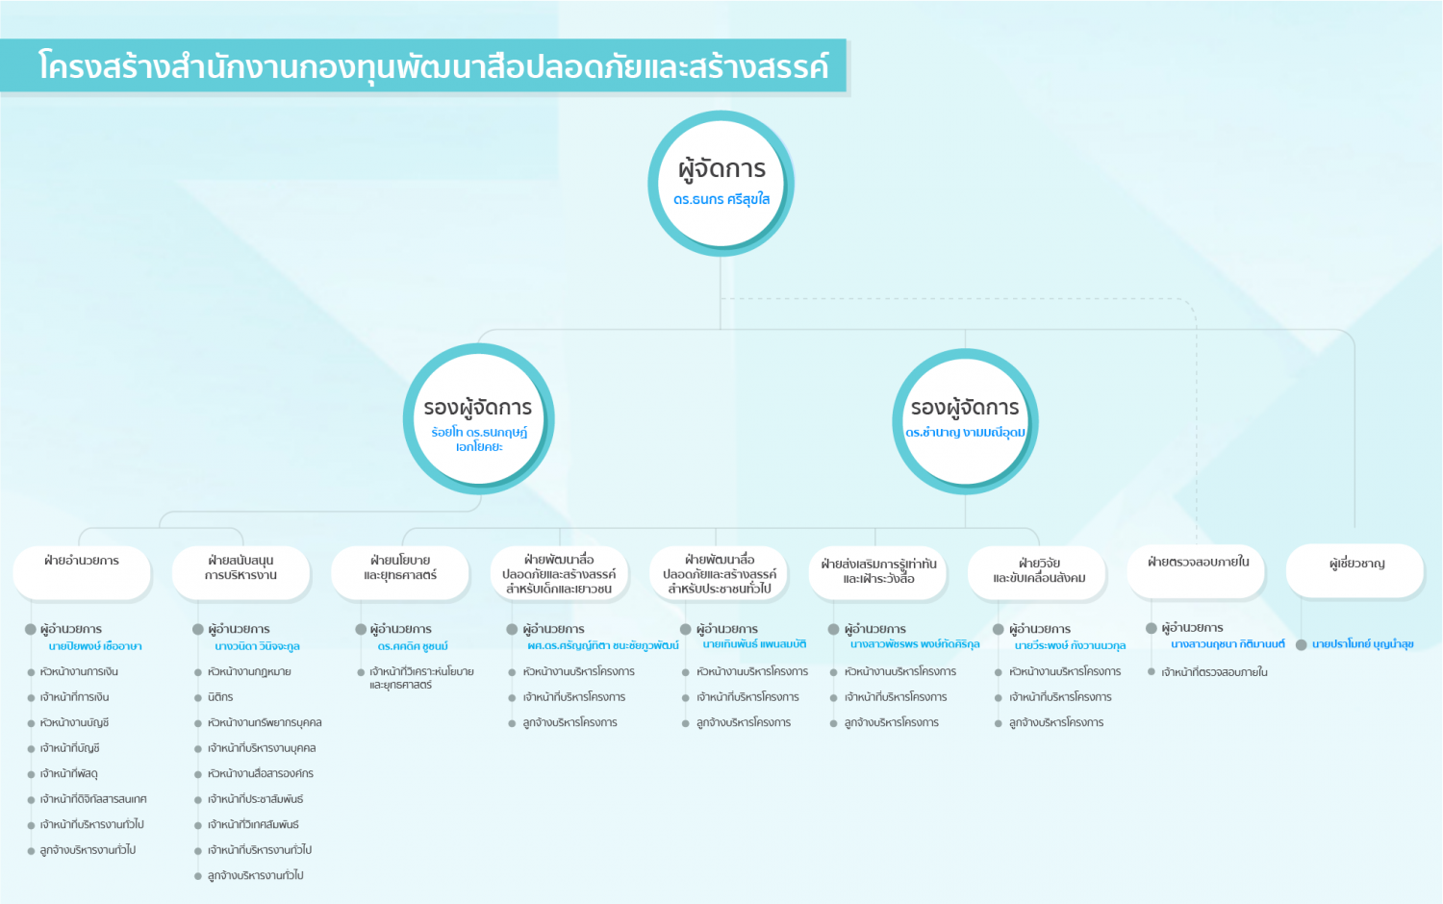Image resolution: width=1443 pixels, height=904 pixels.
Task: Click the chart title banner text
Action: point(433,66)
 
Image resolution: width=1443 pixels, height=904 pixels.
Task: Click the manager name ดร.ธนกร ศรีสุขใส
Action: point(721,200)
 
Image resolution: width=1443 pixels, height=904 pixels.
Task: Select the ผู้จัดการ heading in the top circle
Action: point(721,168)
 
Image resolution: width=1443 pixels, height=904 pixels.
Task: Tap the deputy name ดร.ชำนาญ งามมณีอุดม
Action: point(965,433)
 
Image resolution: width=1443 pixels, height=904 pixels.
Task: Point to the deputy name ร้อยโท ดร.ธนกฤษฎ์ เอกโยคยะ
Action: point(479,439)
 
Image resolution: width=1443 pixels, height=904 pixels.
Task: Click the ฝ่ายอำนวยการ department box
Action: point(82,572)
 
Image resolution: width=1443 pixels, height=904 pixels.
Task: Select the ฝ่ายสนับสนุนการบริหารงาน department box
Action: point(240,572)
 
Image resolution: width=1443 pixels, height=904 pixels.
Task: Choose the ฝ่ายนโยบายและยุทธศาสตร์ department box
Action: point(400,572)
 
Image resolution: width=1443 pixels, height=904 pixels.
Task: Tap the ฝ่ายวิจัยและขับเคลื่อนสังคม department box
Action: point(1037,572)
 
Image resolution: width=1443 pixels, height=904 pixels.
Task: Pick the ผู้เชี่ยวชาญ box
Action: point(1355,570)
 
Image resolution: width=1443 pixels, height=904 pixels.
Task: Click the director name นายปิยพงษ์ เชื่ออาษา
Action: point(95,646)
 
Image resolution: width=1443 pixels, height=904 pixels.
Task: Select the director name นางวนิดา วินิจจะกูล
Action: point(257,646)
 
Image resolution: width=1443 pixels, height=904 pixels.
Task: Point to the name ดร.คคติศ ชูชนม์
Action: point(413,646)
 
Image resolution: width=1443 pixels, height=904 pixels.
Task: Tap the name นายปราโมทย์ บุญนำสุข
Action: point(1363,644)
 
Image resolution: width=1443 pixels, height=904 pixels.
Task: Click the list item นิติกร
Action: point(220,696)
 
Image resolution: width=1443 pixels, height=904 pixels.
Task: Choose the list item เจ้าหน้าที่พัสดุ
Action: point(69,773)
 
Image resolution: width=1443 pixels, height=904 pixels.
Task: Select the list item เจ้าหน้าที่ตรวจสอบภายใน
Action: point(1214,672)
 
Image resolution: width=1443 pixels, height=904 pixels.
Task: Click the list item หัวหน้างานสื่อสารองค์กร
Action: point(261,773)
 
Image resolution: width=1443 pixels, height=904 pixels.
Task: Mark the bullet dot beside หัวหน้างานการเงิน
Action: point(31,672)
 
